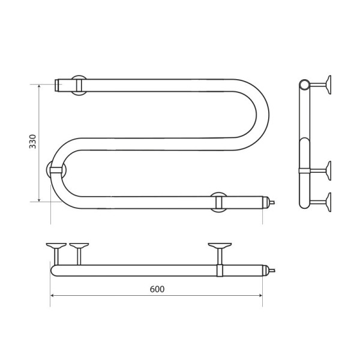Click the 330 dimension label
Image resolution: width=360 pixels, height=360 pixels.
click(x=32, y=142)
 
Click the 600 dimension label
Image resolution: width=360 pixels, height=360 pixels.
click(x=157, y=289)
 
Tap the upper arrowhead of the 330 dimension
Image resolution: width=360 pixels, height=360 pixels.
click(x=39, y=86)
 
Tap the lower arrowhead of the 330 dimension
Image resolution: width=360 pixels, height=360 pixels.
click(x=39, y=200)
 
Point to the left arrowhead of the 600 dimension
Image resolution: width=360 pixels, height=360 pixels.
click(x=52, y=295)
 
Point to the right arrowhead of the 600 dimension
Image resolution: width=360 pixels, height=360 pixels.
click(x=260, y=295)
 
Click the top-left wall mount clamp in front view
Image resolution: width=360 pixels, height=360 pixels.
click(x=79, y=85)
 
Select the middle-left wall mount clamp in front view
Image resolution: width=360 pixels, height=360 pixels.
click(x=56, y=170)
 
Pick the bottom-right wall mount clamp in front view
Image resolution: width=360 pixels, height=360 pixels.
click(x=219, y=202)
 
